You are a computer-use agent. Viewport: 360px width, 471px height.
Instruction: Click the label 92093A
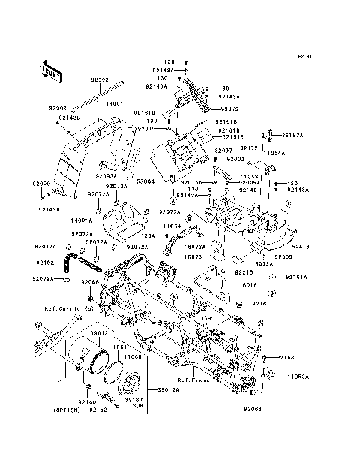tap(106, 175)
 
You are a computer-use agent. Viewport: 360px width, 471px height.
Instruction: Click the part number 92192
tap(44, 263)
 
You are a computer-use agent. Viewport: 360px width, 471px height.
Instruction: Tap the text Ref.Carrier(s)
tap(49, 308)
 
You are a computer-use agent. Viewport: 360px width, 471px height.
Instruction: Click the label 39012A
tap(168, 390)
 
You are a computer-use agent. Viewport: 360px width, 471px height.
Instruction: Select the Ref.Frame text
tap(193, 379)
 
